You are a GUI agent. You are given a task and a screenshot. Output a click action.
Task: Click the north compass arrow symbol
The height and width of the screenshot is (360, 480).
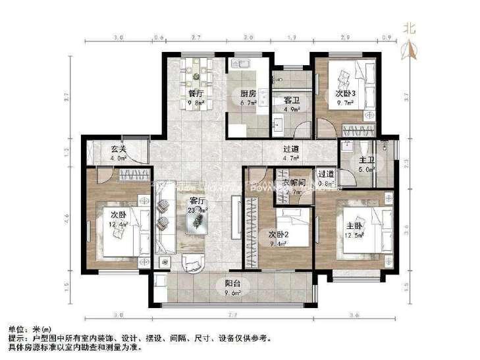(x=410, y=49)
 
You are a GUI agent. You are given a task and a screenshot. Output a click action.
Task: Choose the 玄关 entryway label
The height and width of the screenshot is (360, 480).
(x=119, y=149)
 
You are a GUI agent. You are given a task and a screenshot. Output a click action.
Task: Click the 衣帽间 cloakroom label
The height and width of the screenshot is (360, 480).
(x=292, y=182)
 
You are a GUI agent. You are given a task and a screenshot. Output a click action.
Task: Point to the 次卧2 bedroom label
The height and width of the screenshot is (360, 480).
(x=280, y=234)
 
